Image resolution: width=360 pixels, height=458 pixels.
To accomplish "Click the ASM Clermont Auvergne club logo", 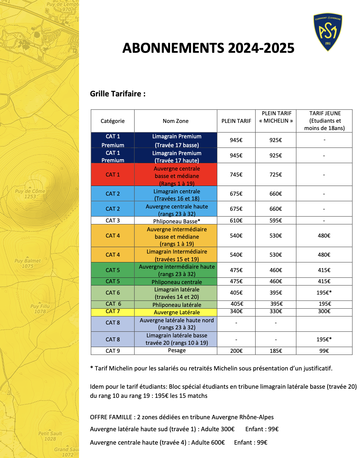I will click(x=328, y=32).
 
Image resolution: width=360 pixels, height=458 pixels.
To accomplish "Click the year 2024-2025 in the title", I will click(x=261, y=48).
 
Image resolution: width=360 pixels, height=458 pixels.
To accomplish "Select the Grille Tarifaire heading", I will click(x=118, y=94).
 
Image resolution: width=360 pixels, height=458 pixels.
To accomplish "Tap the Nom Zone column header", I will click(x=175, y=121).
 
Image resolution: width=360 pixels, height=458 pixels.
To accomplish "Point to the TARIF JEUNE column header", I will click(x=324, y=121).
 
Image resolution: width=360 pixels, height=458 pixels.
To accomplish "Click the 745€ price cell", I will click(x=236, y=175).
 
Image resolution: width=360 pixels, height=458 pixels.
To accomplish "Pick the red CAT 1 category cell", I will click(x=113, y=175).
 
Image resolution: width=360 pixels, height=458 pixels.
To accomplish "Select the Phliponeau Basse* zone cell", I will click(x=177, y=221).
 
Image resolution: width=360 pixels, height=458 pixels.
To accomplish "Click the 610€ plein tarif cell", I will click(x=236, y=220).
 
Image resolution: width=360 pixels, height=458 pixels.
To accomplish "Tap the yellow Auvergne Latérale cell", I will click(x=177, y=312).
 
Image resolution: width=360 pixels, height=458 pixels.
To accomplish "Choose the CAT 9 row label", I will click(x=113, y=351).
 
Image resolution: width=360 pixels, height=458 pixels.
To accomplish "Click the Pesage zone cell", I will click(x=177, y=350).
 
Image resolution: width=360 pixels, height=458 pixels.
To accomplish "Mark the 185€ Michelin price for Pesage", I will click(x=276, y=351).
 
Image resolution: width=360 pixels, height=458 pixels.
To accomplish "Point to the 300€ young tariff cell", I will click(x=324, y=311).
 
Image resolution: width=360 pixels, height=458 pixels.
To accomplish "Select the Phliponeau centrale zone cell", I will click(x=177, y=282).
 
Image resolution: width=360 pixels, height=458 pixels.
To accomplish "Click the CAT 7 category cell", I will click(x=113, y=311).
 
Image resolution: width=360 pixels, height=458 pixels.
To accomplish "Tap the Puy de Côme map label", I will click(x=30, y=194).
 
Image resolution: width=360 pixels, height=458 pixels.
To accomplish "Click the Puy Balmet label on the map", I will click(x=28, y=263).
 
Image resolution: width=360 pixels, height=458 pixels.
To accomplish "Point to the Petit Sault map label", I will click(x=50, y=436).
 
